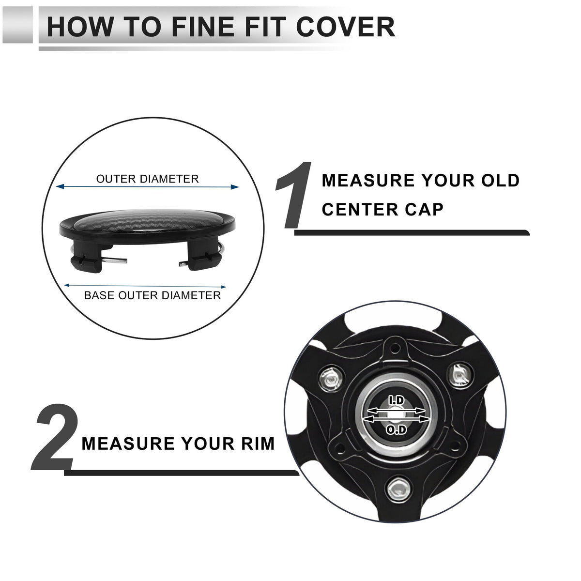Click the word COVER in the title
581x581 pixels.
(x=346, y=27)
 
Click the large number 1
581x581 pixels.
(x=294, y=195)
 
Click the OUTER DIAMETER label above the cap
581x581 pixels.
(x=148, y=179)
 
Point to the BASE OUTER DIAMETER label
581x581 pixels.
(x=152, y=295)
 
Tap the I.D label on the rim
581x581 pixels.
(x=396, y=401)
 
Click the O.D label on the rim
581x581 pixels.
(x=397, y=430)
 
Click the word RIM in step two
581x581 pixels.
(x=258, y=444)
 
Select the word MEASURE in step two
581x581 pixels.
(x=128, y=444)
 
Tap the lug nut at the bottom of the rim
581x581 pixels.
(x=398, y=490)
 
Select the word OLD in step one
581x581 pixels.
(x=500, y=180)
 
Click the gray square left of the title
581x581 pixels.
(x=17, y=25)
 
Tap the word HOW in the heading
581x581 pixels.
(x=81, y=27)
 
